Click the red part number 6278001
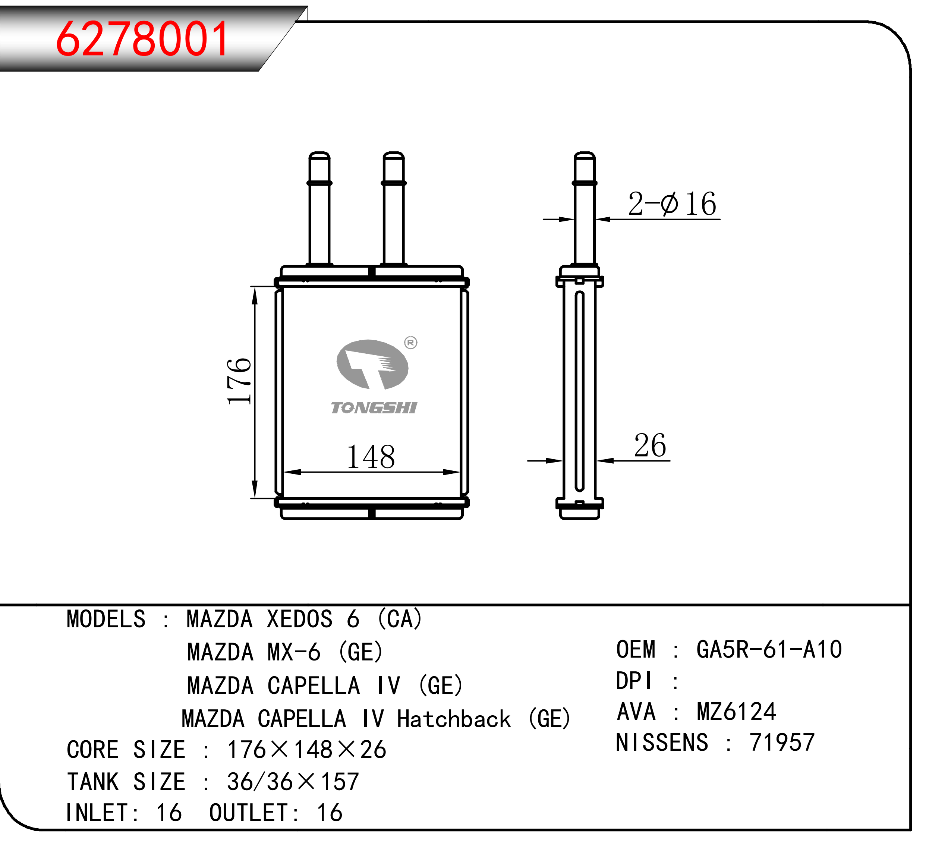(142, 39)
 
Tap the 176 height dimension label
(239, 382)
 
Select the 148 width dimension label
(371, 457)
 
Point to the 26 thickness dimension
(650, 446)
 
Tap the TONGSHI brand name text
(374, 408)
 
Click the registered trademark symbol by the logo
(410, 343)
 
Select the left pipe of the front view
(319, 208)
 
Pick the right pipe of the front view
(394, 208)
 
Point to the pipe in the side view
(584, 208)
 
